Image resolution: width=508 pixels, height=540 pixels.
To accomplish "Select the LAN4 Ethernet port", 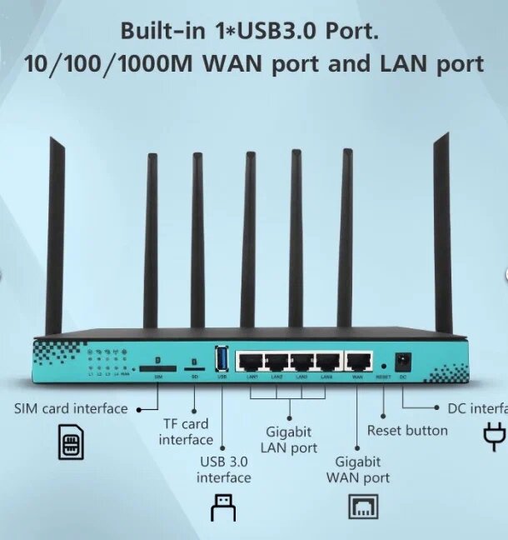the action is [x=328, y=362].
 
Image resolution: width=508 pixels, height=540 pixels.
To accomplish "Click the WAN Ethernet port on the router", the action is [x=359, y=362].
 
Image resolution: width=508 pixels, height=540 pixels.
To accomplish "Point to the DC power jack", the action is [x=403, y=362].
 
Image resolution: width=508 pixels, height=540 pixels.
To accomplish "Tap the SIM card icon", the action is [x=71, y=442].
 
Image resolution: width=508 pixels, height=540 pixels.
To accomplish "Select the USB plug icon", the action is [x=222, y=507].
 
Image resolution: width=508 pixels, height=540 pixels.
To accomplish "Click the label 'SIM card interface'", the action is [x=71, y=408].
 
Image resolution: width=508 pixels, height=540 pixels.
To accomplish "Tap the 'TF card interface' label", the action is [x=186, y=432].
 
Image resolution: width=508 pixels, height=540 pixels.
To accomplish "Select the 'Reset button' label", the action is [x=407, y=430].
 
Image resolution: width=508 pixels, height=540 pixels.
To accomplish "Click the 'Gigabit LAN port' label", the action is [x=290, y=440].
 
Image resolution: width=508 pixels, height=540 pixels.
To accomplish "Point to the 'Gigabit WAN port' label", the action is [x=358, y=469].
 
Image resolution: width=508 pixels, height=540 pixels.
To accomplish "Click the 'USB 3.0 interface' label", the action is [x=223, y=469].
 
